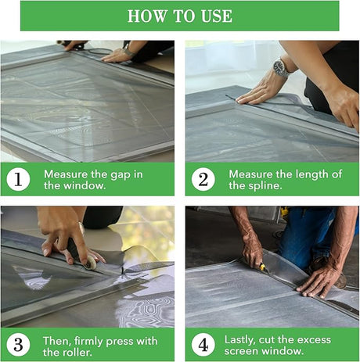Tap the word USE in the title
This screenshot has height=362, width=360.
tap(217, 16)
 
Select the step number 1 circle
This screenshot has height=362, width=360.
tap(18, 179)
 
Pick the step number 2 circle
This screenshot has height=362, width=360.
tap(203, 179)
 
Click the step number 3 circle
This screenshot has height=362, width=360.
tap(18, 344)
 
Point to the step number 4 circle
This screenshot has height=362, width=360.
tap(203, 344)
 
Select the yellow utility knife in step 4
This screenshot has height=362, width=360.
tap(264, 268)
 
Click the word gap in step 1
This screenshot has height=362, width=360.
tap(121, 175)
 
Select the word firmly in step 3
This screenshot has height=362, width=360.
tap(88, 341)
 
